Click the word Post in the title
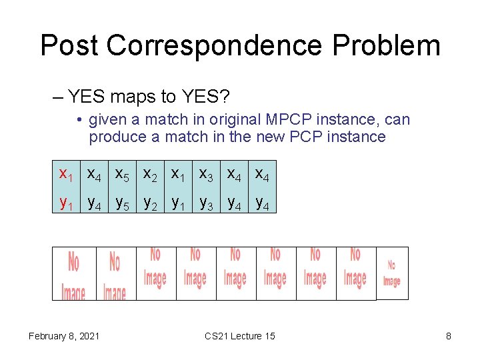coord(69,45)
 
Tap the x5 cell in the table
coord(122,175)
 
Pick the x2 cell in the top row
coord(150,175)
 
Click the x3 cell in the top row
coord(206,175)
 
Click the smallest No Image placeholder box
coord(392,273)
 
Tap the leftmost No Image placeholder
coord(74,274)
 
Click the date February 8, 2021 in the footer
coord(64,336)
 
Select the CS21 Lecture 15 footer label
coord(240,336)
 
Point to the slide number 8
coord(449,336)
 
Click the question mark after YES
coord(225,97)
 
